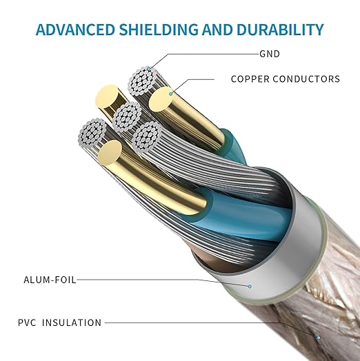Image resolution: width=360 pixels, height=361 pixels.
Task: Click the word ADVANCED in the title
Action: (x=75, y=30)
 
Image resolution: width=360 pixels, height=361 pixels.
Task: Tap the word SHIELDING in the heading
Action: (x=159, y=30)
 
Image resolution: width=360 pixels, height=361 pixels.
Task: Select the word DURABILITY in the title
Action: (x=280, y=30)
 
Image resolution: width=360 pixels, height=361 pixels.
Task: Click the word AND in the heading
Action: (x=218, y=30)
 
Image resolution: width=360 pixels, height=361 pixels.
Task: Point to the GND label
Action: (x=270, y=54)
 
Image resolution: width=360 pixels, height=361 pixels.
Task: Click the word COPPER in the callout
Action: (x=250, y=79)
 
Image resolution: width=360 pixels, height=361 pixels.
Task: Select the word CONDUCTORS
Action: (x=306, y=79)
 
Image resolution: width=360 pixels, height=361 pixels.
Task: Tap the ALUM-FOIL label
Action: (x=50, y=280)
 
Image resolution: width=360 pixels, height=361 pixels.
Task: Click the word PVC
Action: (x=27, y=322)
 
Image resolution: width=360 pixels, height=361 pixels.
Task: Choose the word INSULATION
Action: (x=72, y=322)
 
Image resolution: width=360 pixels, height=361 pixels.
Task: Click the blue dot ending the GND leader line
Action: (x=149, y=68)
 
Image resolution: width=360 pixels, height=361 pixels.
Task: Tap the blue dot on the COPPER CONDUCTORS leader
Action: (x=170, y=94)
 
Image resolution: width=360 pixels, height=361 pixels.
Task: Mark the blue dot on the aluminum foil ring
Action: (x=250, y=287)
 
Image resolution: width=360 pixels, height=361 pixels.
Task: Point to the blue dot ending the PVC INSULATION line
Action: (x=319, y=338)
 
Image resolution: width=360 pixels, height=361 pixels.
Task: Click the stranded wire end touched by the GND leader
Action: (x=143, y=80)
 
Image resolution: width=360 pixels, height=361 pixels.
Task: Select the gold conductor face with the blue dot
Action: (x=161, y=99)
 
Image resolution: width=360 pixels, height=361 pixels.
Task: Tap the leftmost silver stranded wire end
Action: (x=92, y=133)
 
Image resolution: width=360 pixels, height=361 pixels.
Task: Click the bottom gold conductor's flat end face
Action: (x=109, y=153)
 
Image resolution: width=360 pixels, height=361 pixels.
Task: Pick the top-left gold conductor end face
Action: (x=107, y=96)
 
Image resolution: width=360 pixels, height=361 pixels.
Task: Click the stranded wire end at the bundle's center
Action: (x=127, y=116)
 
